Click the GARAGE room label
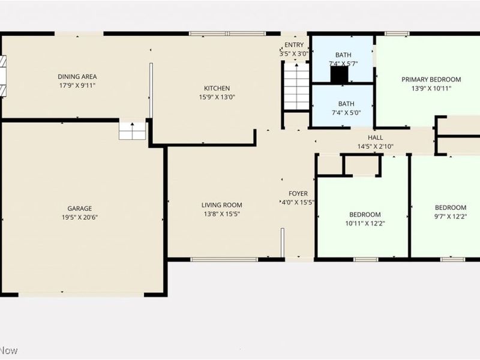tap(79, 208)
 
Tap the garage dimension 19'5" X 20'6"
tap(79, 217)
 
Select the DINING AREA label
tap(77, 76)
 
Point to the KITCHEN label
tap(217, 88)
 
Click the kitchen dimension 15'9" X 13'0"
tap(217, 97)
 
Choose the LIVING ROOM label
tap(221, 205)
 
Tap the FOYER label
tap(298, 193)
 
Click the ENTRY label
tap(294, 45)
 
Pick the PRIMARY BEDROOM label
tap(431, 79)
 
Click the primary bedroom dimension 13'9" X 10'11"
tap(431, 88)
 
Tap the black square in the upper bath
tap(340, 74)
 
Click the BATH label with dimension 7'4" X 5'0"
tap(346, 103)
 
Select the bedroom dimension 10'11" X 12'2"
tap(364, 224)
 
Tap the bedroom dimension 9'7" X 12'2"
tap(450, 217)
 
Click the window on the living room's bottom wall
tap(224, 259)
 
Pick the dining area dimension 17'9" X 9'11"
tap(77, 85)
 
